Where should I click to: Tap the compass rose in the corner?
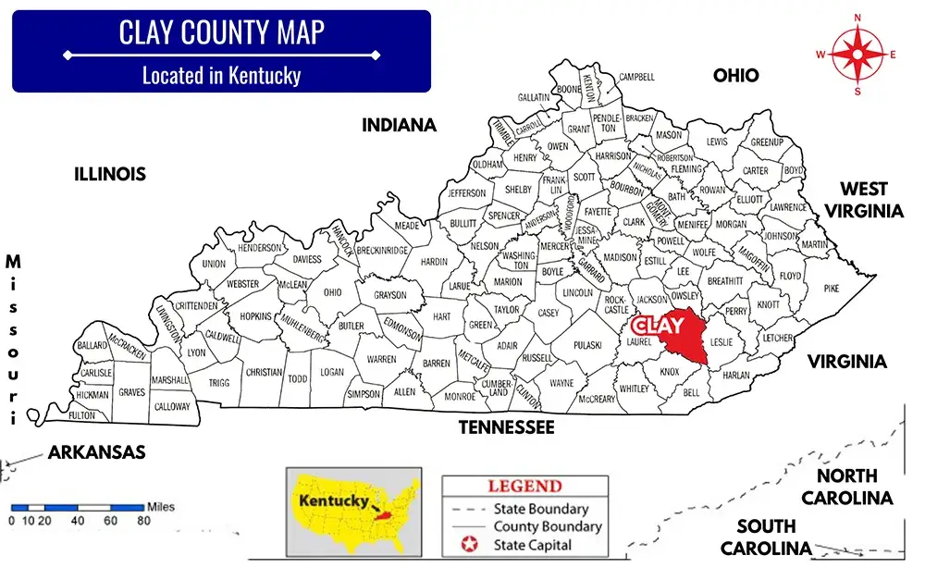pyautogui.click(x=857, y=55)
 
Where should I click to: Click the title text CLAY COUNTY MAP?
pyautogui.click(x=221, y=32)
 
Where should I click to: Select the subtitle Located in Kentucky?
pyautogui.click(x=221, y=75)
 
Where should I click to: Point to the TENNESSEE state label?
pyautogui.click(x=507, y=427)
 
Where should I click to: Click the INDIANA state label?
pyautogui.click(x=399, y=125)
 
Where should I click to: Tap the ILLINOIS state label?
pyautogui.click(x=110, y=174)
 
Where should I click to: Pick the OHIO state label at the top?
pyautogui.click(x=735, y=75)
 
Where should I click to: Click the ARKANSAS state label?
pyautogui.click(x=96, y=452)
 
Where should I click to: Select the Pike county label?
pyautogui.click(x=832, y=289)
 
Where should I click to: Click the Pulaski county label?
pyautogui.click(x=586, y=345)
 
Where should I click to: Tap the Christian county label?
pyautogui.click(x=265, y=372)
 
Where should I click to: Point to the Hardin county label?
pyautogui.click(x=434, y=262)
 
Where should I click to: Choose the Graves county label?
pyautogui.click(x=131, y=392)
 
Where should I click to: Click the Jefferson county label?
pyautogui.click(x=467, y=193)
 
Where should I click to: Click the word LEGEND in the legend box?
pyautogui.click(x=524, y=486)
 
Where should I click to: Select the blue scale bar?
pyautogui.click(x=78, y=507)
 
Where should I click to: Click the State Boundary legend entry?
pyautogui.click(x=541, y=509)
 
